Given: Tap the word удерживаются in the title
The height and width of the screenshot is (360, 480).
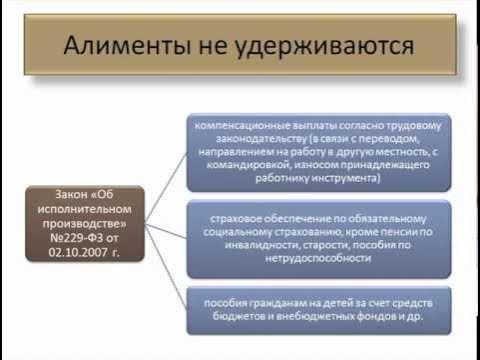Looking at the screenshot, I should (330, 46).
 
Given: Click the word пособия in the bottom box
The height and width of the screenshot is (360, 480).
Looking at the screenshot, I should (224, 301).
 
